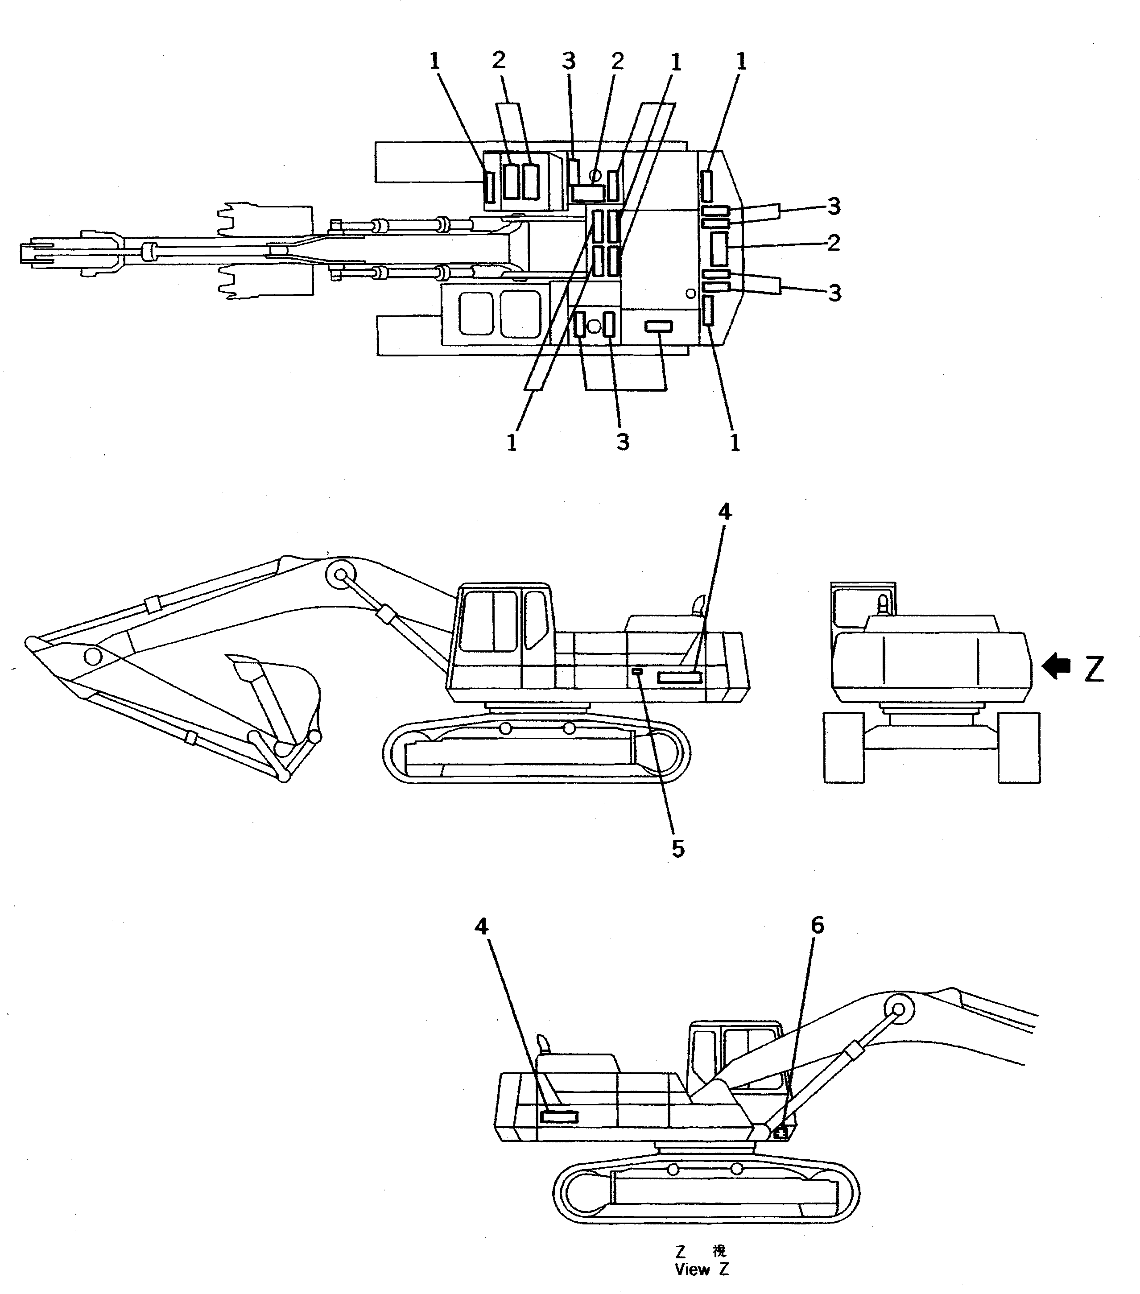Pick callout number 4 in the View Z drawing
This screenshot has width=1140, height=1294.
click(x=481, y=927)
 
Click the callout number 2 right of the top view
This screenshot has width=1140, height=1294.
click(x=834, y=243)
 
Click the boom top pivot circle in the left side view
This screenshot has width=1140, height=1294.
click(x=341, y=574)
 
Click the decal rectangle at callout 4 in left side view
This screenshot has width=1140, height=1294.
click(x=679, y=678)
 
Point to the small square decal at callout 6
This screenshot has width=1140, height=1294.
click(x=781, y=1133)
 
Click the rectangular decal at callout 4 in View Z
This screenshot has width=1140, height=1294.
click(x=559, y=1117)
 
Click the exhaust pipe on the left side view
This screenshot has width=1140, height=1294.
click(x=699, y=604)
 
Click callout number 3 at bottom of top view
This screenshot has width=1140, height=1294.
click(x=623, y=442)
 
